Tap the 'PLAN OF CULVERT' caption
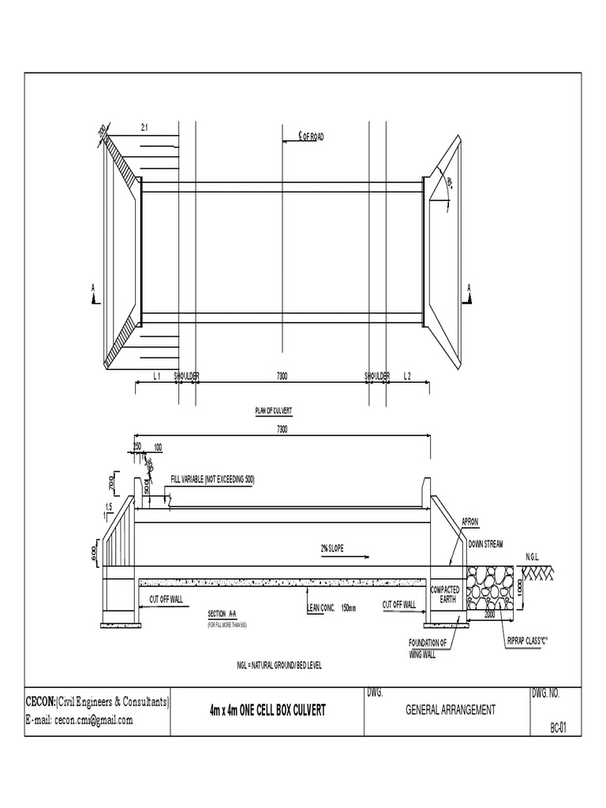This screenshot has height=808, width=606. coord(273,410)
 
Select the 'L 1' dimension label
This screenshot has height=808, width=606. coord(156,376)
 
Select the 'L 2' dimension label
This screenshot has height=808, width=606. coord(407,376)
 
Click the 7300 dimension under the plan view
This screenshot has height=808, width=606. coord(281,376)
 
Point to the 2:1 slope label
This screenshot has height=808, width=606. coord(144,126)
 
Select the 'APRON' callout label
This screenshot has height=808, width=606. coord(471,522)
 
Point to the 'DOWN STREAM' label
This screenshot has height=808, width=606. coord(486,544)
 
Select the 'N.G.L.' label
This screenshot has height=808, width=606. coord(534,556)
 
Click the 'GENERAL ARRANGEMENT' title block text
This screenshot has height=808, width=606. coord(451,710)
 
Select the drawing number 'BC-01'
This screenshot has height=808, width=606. coord(559,728)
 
